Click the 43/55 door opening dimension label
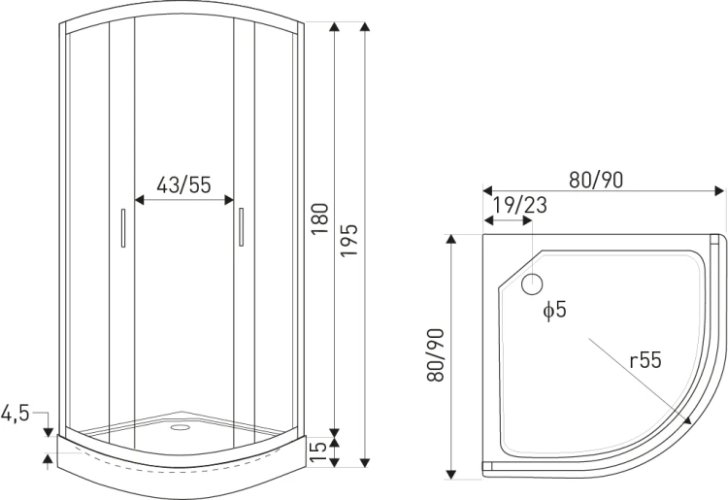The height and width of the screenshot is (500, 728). click(183, 184)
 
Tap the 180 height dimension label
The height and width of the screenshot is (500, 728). click(320, 218)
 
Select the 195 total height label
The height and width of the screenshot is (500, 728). click(349, 240)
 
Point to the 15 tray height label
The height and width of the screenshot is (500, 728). click(318, 451)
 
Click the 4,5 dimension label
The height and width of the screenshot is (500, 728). click(16, 413)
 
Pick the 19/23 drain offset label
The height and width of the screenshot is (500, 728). click(519, 205)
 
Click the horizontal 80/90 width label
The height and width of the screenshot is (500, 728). click(596, 180)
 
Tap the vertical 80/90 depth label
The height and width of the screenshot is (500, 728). click(436, 355)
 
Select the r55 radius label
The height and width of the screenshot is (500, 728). click(645, 360)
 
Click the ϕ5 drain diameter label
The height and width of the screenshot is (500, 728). click(555, 310)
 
